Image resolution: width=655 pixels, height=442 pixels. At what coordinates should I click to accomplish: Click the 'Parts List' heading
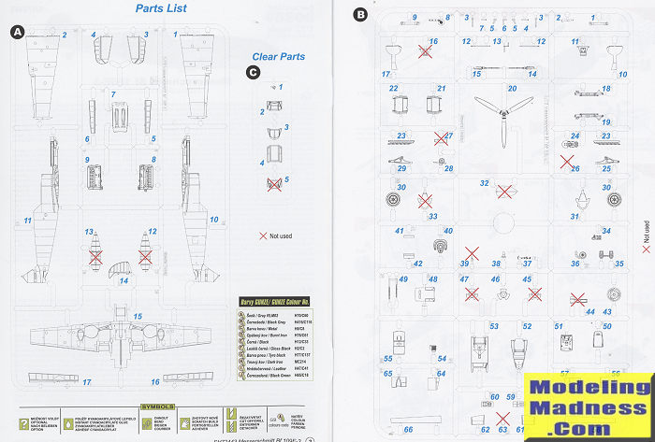click(x=161, y=8)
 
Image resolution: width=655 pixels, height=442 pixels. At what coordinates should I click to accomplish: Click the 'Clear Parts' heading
click(x=278, y=56)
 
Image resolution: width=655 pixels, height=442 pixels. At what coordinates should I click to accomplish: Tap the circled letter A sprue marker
click(x=17, y=32)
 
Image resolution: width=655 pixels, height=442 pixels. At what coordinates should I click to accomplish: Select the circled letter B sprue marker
click(x=361, y=14)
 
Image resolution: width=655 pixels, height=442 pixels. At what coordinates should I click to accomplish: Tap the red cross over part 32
click(x=503, y=192)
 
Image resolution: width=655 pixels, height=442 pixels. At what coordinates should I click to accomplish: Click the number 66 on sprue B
click(x=408, y=429)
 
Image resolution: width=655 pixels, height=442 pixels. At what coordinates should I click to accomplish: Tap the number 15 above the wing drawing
click(x=138, y=317)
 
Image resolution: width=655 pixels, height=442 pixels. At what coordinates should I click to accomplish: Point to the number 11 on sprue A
click(x=28, y=221)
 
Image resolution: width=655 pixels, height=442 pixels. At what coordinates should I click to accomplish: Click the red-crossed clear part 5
click(x=274, y=184)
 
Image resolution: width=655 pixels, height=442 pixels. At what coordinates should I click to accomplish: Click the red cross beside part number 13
click(x=95, y=254)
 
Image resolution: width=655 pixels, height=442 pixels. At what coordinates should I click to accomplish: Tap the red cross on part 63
click(x=504, y=431)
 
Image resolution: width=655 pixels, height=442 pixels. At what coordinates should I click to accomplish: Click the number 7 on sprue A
click(x=112, y=93)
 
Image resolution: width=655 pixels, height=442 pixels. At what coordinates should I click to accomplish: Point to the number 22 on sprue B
click(x=394, y=89)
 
